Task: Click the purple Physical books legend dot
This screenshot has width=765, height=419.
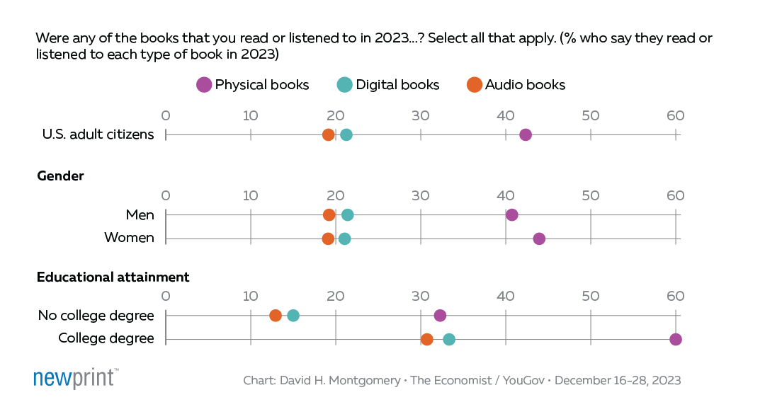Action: click(204, 85)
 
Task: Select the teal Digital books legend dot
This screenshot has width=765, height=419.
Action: click(344, 85)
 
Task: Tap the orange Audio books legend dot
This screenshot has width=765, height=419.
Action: click(475, 85)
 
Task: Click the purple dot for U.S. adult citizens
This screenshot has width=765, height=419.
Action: click(526, 135)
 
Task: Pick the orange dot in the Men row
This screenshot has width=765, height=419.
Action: click(329, 215)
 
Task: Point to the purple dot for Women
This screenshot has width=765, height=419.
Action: click(539, 239)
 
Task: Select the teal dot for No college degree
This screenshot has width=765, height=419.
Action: click(293, 316)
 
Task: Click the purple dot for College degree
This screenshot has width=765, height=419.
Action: click(676, 339)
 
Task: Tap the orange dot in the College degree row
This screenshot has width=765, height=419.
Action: click(426, 339)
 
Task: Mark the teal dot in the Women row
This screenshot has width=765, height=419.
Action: click(344, 239)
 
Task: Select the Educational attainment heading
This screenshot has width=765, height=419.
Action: click(113, 277)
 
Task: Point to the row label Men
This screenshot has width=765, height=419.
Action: click(138, 215)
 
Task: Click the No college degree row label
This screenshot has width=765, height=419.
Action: click(96, 316)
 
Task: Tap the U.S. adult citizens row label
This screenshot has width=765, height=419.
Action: click(98, 135)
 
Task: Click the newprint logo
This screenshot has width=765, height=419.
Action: click(75, 379)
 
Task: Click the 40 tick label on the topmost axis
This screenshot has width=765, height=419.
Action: click(505, 116)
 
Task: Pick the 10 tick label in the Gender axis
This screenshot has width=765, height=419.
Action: click(250, 196)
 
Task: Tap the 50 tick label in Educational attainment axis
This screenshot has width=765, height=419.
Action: click(590, 296)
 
